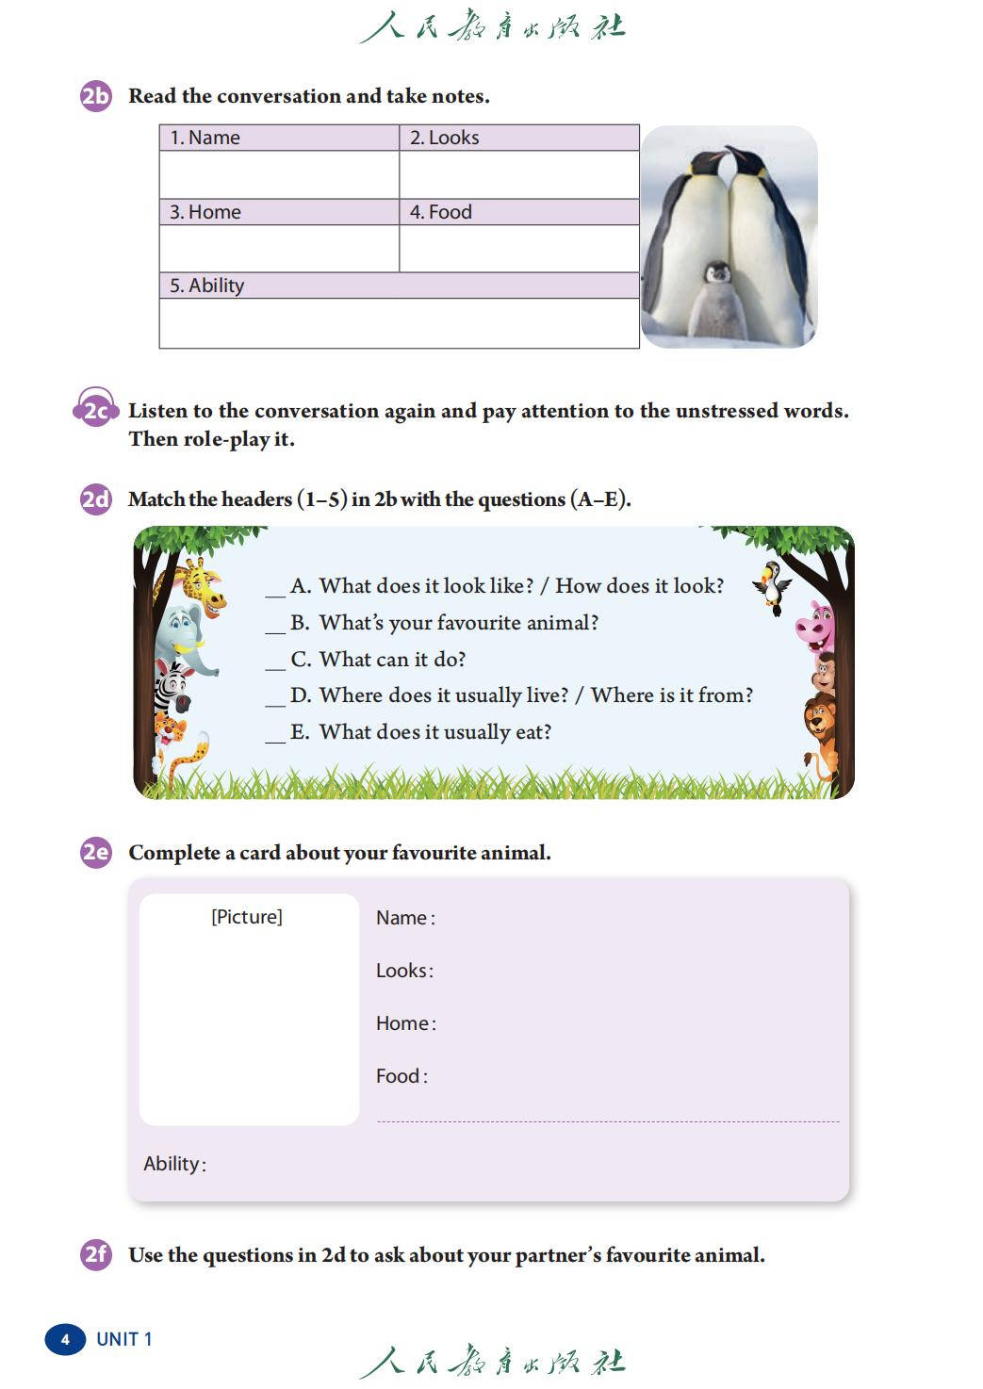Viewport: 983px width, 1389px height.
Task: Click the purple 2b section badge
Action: tap(95, 96)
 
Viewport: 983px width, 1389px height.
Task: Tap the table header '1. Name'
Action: tap(205, 138)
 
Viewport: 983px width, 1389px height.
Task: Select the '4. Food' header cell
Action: tap(440, 212)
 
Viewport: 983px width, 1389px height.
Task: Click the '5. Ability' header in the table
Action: tap(206, 286)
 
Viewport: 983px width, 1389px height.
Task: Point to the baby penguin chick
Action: tap(718, 299)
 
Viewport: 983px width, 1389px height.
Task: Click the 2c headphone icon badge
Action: tap(95, 410)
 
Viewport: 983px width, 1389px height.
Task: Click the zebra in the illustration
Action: tap(172, 687)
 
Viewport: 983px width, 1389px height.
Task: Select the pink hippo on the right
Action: tap(815, 625)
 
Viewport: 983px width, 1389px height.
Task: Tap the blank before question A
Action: tap(275, 588)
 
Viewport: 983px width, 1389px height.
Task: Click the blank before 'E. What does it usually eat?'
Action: tap(275, 734)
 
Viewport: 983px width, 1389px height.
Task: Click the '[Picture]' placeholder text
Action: tap(247, 917)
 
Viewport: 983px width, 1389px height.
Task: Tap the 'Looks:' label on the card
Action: tap(404, 971)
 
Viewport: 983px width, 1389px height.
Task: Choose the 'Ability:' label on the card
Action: tap(174, 1164)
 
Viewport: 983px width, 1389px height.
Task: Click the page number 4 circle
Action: tap(65, 1339)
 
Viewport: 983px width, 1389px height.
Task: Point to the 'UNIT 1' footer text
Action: tap(124, 1339)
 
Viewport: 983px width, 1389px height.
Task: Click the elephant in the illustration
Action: tap(184, 636)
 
